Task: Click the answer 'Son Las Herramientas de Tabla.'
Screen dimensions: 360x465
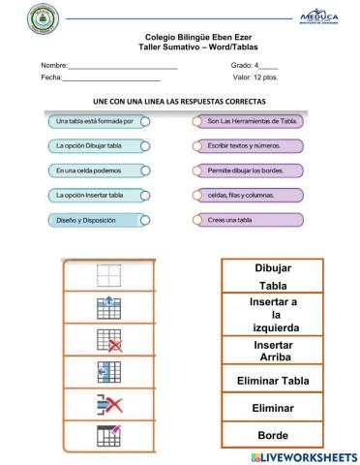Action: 243,121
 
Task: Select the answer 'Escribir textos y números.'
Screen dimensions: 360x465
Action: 243,145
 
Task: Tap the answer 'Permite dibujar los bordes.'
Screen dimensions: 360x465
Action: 243,170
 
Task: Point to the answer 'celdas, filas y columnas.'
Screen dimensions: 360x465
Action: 243,195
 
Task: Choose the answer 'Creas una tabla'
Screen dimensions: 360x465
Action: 243,220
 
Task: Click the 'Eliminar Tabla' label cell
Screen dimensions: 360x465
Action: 272,381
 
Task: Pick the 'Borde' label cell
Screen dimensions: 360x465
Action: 272,435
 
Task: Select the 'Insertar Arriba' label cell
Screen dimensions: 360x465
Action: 272,350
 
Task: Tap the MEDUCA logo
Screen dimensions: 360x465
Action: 319,18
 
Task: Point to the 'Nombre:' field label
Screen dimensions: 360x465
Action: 52,66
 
